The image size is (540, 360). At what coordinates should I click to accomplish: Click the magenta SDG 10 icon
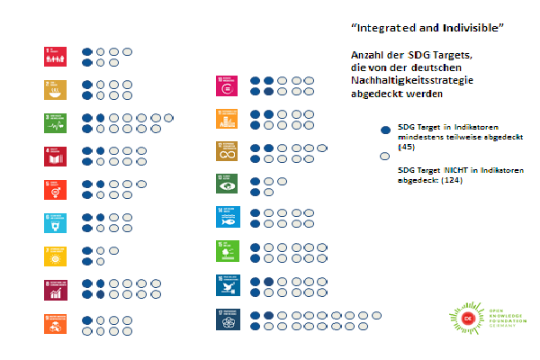(225, 85)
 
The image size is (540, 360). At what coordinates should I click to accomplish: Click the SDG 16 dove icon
(225, 285)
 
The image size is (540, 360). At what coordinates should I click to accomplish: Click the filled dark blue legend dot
(385, 130)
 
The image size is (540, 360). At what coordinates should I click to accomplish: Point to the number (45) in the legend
(404, 146)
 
